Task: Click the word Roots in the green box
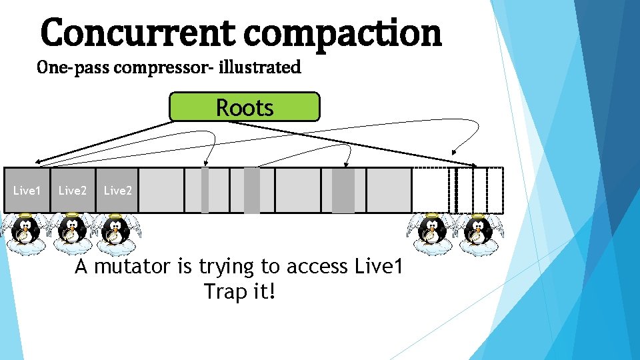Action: click(245, 107)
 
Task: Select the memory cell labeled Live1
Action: click(27, 191)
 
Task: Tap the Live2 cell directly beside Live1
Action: click(73, 191)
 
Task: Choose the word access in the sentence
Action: click(307, 267)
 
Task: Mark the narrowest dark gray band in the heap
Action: click(205, 190)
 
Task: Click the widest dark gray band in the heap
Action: click(343, 190)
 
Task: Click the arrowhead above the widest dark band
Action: click(347, 162)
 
